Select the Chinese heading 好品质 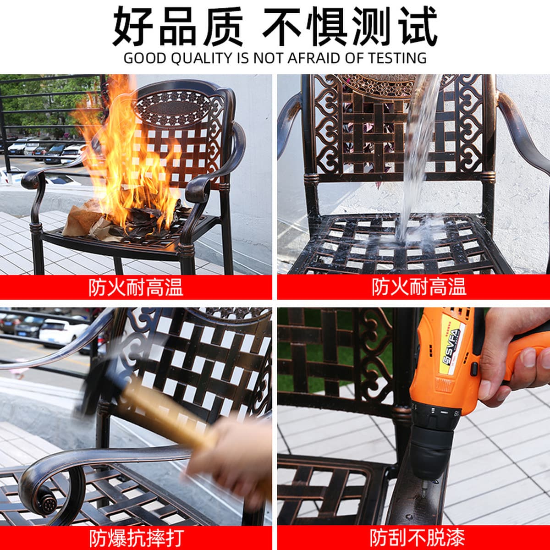click(178, 26)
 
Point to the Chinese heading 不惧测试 click(350, 26)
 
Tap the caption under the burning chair click(136, 287)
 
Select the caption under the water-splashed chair click(419, 287)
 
